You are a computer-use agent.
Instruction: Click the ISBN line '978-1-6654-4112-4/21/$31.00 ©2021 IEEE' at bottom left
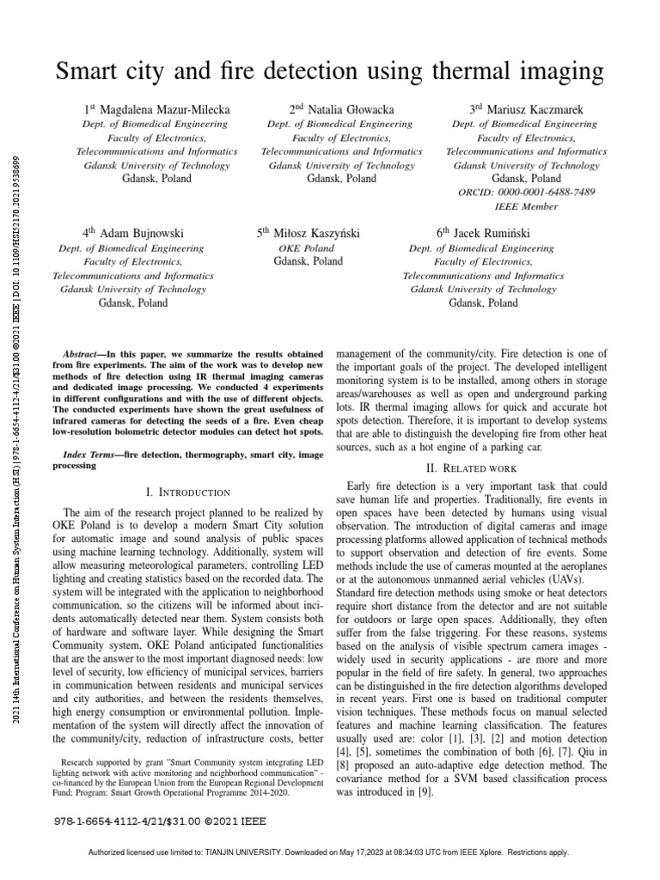[x=150, y=822]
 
